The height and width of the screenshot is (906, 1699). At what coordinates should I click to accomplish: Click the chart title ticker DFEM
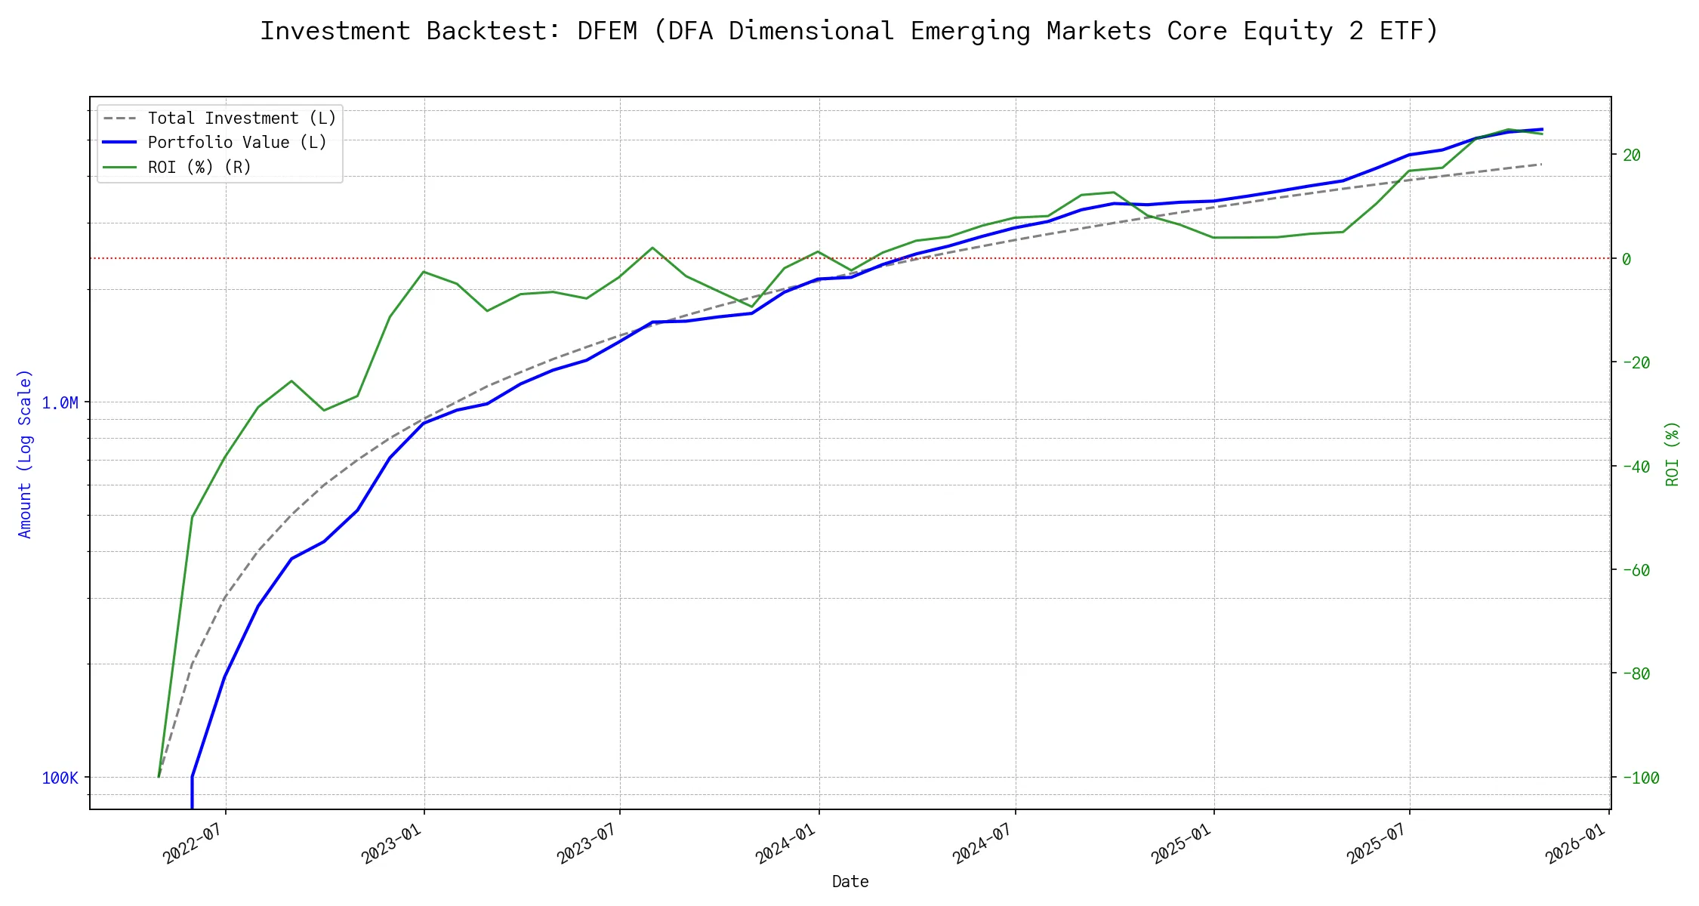(606, 31)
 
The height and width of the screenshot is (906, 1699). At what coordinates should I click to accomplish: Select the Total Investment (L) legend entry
(242, 119)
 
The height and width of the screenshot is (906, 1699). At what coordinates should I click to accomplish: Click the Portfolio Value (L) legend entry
(237, 143)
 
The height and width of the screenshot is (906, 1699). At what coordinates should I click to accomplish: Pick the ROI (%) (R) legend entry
(199, 167)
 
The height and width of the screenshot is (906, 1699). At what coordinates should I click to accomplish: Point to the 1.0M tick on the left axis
(60, 403)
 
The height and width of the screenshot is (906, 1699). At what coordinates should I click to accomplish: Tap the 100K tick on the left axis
(60, 778)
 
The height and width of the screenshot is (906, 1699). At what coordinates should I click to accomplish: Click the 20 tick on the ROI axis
(1632, 156)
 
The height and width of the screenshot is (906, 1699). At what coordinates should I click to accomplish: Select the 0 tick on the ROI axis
(1627, 259)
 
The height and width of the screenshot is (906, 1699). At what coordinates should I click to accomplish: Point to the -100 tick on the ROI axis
(1640, 778)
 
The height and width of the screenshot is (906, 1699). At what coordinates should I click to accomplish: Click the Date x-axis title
(850, 882)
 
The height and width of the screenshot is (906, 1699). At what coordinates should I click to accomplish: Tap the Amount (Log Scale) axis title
(25, 454)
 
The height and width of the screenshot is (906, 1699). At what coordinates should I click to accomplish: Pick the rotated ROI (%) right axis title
(1673, 454)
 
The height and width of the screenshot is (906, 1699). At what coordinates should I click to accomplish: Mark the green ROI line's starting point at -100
(159, 777)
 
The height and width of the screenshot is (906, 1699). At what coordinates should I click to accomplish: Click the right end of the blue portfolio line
(1542, 129)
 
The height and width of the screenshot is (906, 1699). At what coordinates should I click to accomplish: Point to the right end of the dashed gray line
(1542, 164)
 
